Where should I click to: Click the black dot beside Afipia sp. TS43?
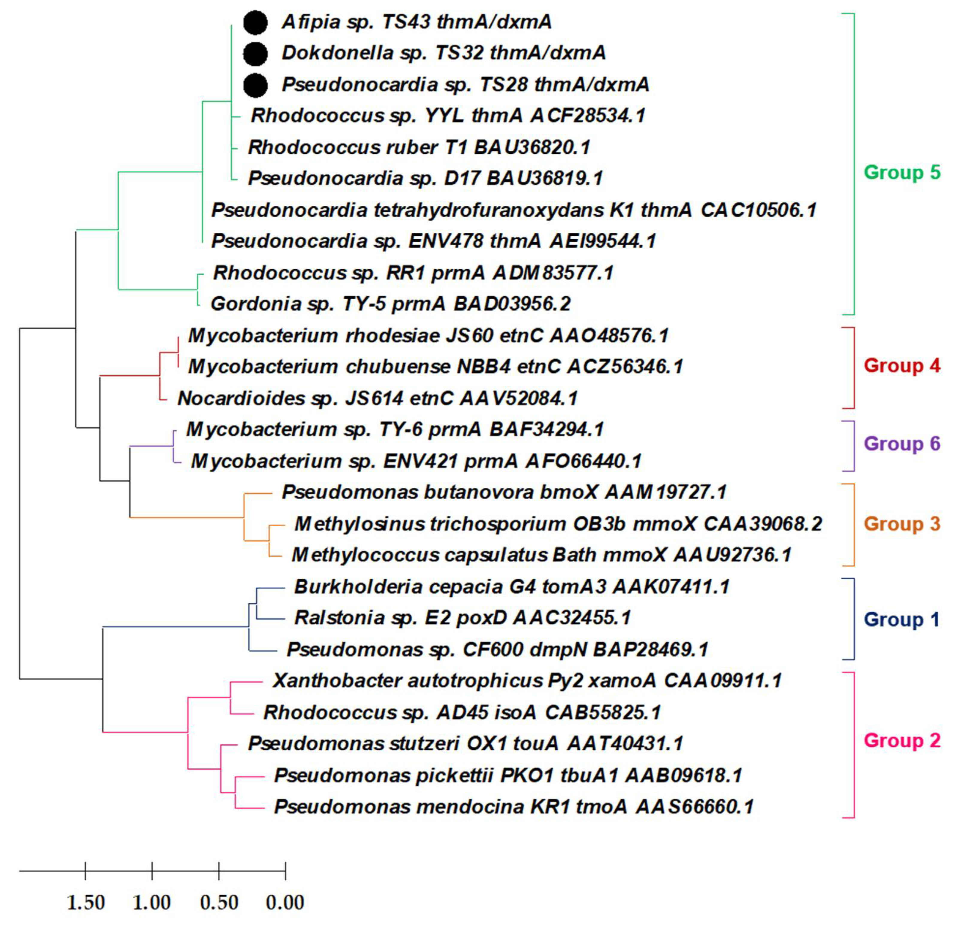coord(255,22)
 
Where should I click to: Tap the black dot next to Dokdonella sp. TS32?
coord(255,54)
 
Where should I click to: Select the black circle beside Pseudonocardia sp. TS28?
coord(255,85)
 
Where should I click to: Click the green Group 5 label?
coord(901,172)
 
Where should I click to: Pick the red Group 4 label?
coord(901,366)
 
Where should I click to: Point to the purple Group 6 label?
coord(901,444)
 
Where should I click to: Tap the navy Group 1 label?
coord(901,619)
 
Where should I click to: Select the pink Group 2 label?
coord(901,740)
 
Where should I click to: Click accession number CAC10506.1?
coord(759,210)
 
